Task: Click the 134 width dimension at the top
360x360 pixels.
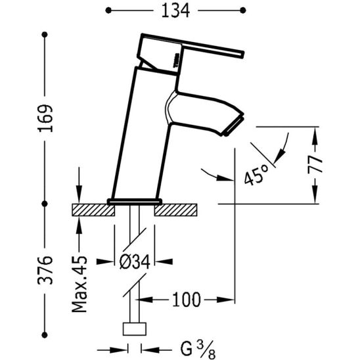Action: coord(175,11)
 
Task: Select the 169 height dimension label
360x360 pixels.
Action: coord(45,118)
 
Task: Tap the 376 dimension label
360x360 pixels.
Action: coord(45,270)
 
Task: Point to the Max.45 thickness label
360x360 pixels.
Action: coord(79,284)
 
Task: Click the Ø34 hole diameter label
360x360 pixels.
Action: coord(135,262)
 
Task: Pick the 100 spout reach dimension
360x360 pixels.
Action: coord(187,300)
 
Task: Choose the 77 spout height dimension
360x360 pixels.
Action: coord(315,164)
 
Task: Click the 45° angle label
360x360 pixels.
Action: coord(256,175)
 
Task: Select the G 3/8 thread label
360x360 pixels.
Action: coord(198,349)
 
